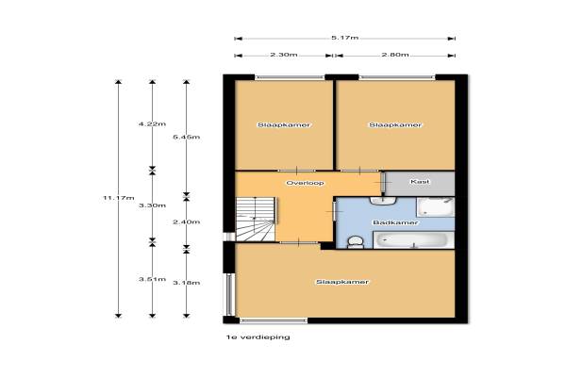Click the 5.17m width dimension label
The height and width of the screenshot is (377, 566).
point(344,38)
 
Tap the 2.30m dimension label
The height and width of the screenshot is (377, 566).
point(284,55)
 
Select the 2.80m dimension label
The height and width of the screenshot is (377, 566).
point(395,55)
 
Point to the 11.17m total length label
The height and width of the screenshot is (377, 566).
point(119,198)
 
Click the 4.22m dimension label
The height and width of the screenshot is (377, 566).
point(152,124)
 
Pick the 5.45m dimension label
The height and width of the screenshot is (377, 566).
point(186,137)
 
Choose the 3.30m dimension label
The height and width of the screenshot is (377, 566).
point(152,205)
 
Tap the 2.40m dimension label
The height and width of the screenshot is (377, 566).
point(186,222)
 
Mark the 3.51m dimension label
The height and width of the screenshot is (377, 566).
point(152,279)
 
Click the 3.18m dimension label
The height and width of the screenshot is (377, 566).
point(186,283)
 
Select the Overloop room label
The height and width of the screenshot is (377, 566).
point(305,183)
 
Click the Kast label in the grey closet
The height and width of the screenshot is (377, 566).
point(420,182)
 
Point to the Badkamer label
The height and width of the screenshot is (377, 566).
point(395,222)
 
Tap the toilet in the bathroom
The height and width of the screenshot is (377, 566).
point(356,242)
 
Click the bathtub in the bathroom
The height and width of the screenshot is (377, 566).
point(414,240)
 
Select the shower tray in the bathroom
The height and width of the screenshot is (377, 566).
point(436,206)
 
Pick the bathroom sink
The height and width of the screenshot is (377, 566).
point(383,201)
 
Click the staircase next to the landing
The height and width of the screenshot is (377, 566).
point(256,219)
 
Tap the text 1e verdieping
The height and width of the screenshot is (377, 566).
point(258,337)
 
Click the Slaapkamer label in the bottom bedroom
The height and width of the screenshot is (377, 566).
point(342,282)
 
